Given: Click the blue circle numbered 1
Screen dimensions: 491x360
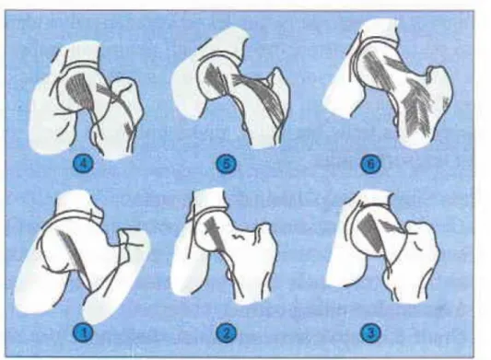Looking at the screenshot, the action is [83, 332].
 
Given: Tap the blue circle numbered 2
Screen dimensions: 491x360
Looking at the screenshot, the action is [226, 331].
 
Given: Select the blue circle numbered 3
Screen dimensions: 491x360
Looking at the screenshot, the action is [370, 332].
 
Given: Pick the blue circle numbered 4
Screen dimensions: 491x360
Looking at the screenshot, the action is [83, 163].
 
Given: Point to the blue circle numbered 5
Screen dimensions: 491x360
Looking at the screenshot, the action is [226, 163].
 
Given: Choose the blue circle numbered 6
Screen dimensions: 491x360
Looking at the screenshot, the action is [370, 164].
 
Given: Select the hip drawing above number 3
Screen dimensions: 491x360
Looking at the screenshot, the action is [382, 248].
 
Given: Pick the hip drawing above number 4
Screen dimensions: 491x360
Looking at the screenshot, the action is [86, 100].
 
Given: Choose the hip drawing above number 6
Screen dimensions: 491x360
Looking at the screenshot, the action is [389, 83].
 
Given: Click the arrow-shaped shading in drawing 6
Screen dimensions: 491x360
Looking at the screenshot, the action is [418, 108].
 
